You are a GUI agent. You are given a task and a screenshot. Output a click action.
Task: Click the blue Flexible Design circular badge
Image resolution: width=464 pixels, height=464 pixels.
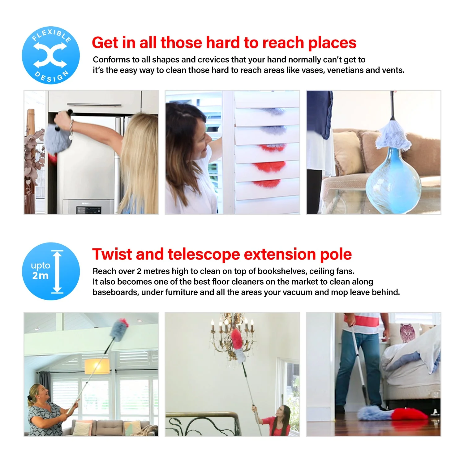[x=51, y=55]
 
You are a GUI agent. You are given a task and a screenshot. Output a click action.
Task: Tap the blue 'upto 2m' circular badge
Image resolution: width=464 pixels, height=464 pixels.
[x=51, y=271]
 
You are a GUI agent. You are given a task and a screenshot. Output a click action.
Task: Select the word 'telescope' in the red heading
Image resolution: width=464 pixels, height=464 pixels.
[x=204, y=254]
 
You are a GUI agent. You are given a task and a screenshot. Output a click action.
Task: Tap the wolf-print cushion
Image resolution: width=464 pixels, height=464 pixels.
[x=407, y=333]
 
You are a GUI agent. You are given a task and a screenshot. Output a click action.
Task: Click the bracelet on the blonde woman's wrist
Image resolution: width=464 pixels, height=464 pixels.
[x=71, y=126]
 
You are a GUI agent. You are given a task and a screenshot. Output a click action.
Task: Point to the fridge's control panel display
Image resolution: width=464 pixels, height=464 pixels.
[x=89, y=210]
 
